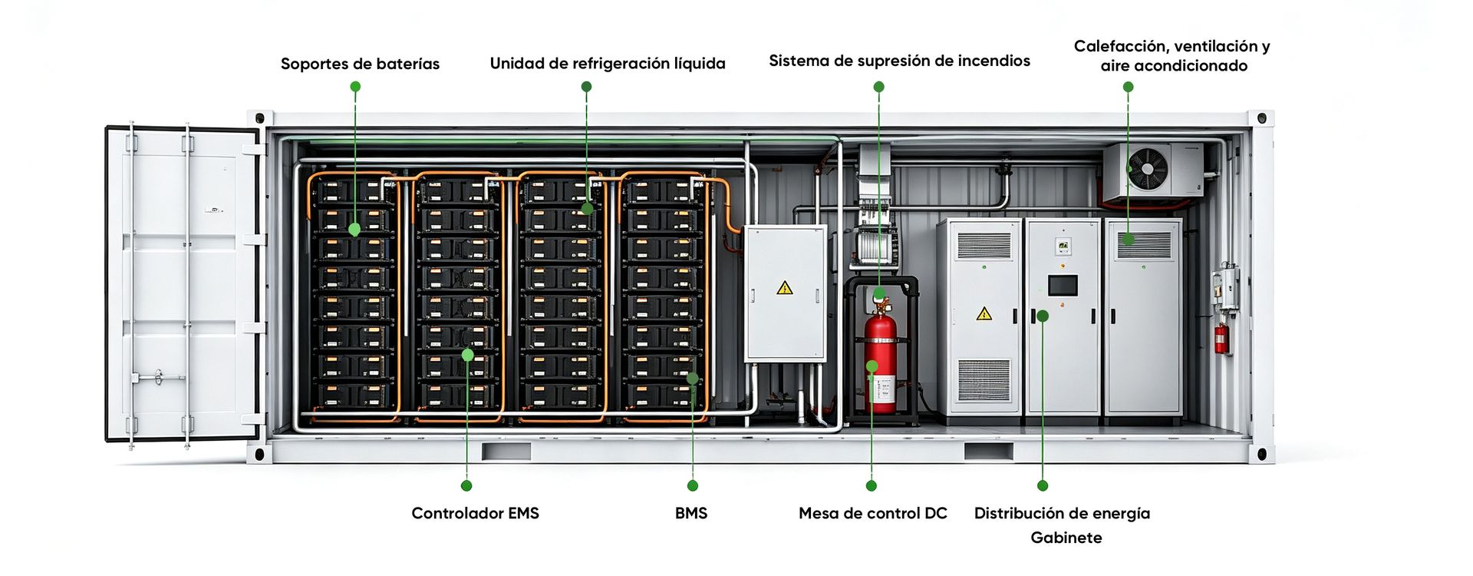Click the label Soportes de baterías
[360, 64]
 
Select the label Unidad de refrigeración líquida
[608, 64]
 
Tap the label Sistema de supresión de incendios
[899, 61]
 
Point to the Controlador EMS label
[475, 513]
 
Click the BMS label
[691, 513]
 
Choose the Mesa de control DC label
[872, 513]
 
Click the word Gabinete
[1066, 538]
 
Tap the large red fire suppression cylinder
[881, 357]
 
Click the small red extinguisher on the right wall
[1221, 338]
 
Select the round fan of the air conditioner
[1148, 168]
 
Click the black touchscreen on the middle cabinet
[1063, 286]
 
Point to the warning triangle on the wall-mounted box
[784, 288]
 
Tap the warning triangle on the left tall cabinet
[984, 313]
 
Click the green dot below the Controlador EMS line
[466, 485]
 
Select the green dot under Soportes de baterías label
[355, 87]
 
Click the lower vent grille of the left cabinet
[984, 379]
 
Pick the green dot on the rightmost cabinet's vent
[1128, 240]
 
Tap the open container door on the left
[184, 284]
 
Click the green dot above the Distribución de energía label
[1043, 485]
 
